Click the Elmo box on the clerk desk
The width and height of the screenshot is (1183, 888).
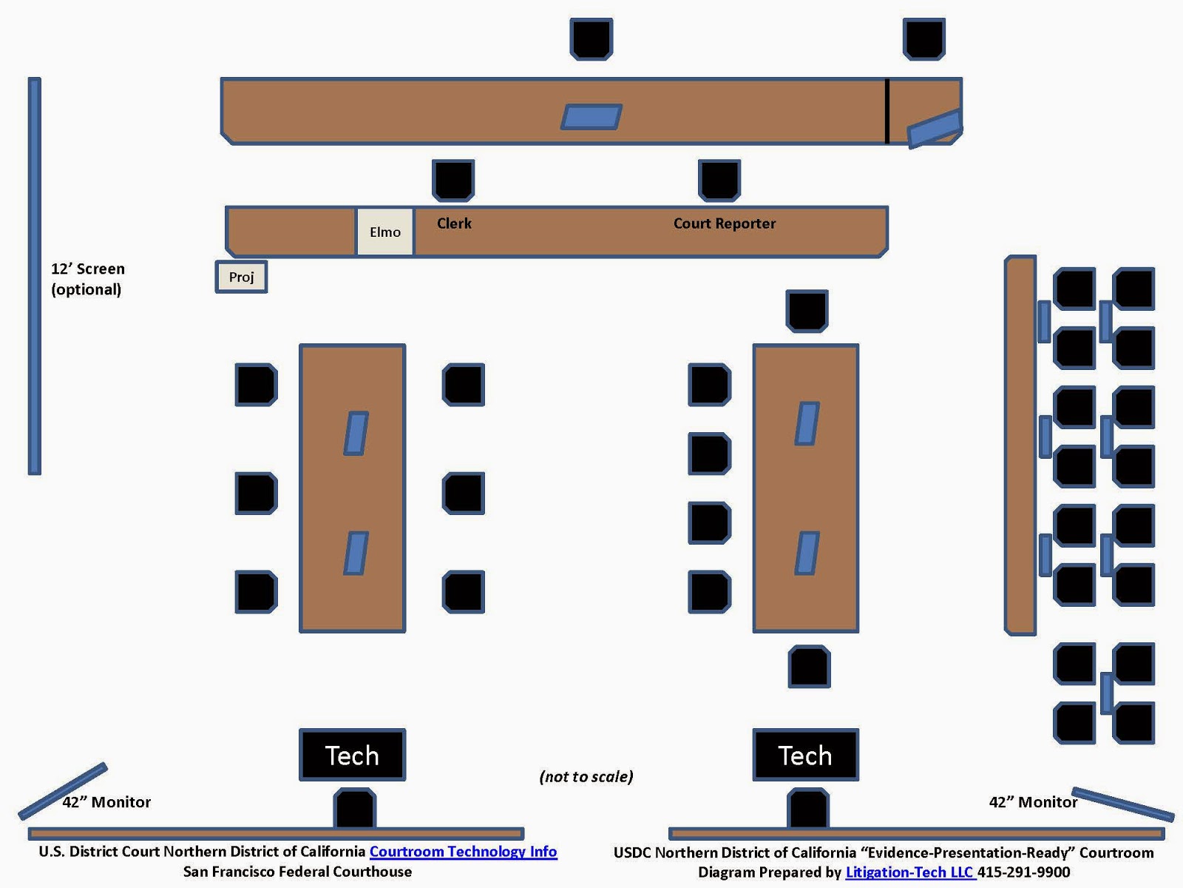(x=384, y=232)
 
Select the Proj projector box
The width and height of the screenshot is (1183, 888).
(x=241, y=277)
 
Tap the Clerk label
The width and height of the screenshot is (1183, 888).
(x=454, y=223)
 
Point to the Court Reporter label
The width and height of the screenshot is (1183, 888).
(x=725, y=223)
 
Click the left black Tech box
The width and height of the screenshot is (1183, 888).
(x=352, y=755)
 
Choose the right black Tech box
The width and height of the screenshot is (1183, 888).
(x=805, y=755)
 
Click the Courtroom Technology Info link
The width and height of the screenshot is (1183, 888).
(x=463, y=852)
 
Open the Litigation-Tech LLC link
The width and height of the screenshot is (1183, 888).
(x=910, y=872)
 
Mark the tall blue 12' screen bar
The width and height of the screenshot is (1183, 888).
(x=35, y=275)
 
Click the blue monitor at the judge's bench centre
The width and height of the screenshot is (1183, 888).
(x=591, y=117)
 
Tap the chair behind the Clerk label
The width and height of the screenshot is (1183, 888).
(x=453, y=180)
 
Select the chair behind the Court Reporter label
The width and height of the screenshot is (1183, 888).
(x=719, y=180)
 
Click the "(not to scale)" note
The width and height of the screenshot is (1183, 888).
(x=586, y=776)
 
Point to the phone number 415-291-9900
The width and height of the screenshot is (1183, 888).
(x=1024, y=872)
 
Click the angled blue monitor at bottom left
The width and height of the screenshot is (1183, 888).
(x=63, y=791)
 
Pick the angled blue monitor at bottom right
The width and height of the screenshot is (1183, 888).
(x=1122, y=804)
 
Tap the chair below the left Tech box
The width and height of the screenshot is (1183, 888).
(x=355, y=808)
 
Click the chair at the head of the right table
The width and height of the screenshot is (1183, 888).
(x=807, y=311)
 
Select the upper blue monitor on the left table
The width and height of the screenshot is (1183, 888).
(x=356, y=433)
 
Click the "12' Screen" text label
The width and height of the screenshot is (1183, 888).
(x=87, y=269)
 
